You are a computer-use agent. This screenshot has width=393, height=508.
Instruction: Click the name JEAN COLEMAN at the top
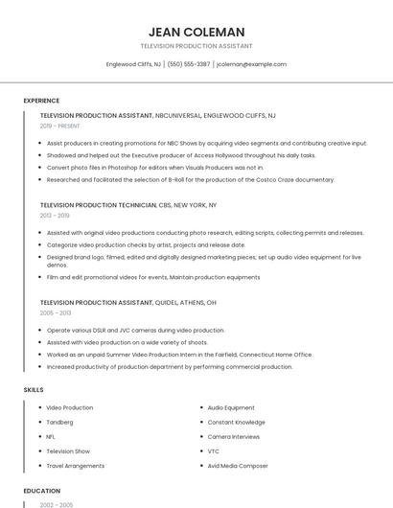coord(196,32)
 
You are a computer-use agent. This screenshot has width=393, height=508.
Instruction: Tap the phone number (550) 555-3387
coord(189,64)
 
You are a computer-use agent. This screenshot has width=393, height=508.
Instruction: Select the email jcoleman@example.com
coord(251,64)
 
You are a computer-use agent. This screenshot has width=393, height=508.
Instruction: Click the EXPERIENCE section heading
coord(41,101)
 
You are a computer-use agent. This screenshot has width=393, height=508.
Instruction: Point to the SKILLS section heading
coord(34,390)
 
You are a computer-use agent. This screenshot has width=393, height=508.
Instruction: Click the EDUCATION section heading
coord(41,491)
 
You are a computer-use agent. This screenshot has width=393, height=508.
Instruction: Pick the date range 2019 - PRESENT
coord(60,126)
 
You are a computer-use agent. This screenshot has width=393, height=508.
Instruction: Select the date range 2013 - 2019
coord(55,216)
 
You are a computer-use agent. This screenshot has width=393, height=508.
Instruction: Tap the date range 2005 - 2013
coord(56,312)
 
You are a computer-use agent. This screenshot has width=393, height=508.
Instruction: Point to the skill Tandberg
coord(60,422)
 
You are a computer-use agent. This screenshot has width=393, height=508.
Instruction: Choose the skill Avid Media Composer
coord(238,465)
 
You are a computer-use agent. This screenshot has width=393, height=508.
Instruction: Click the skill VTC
coord(214,450)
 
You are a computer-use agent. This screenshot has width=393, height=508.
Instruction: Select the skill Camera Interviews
coord(233,436)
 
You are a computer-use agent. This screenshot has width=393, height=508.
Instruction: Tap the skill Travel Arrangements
coord(75,465)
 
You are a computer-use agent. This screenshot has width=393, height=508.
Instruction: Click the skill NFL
coord(51,436)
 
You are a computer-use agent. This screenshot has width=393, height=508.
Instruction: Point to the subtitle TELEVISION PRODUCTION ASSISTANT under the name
coord(196,46)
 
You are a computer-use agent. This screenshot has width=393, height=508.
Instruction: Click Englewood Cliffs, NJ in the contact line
coord(133,64)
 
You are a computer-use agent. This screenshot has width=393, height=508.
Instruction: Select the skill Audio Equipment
coord(231,407)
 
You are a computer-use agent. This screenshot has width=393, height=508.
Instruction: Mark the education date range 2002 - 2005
coord(56,504)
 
